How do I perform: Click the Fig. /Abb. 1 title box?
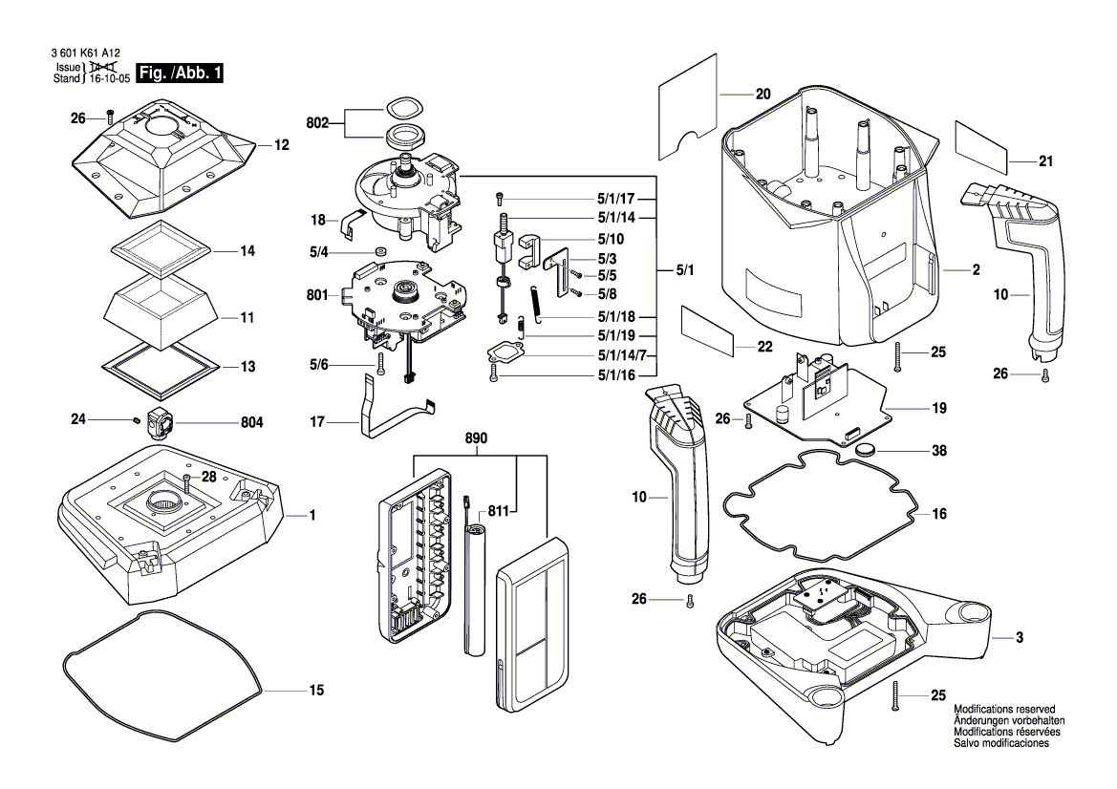pyautogui.click(x=181, y=74)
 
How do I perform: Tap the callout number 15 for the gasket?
pyautogui.click(x=316, y=690)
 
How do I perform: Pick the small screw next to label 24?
pyautogui.click(x=138, y=418)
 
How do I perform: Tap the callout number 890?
pyautogui.click(x=476, y=438)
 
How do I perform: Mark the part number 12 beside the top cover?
pyautogui.click(x=281, y=146)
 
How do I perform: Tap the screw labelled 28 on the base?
pyautogui.click(x=187, y=489)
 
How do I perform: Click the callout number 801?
pyautogui.click(x=318, y=295)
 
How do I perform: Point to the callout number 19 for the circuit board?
pyautogui.click(x=940, y=409)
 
